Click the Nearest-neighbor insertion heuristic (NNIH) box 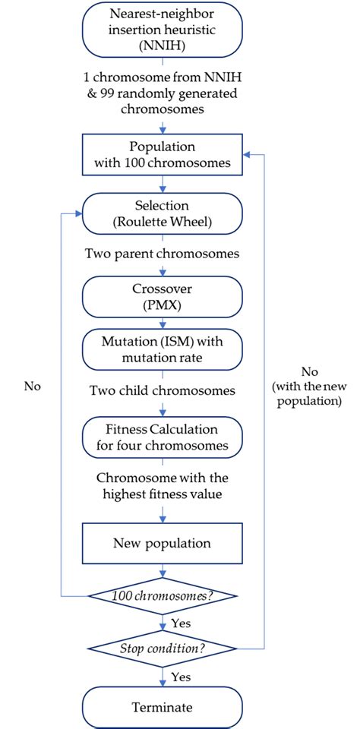pyautogui.click(x=163, y=29)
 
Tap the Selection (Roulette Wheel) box pyautogui.click(x=163, y=213)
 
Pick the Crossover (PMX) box pyautogui.click(x=163, y=292)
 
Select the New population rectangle pyautogui.click(x=163, y=543)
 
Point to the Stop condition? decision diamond pyautogui.click(x=163, y=649)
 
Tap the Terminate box pyautogui.click(x=163, y=707)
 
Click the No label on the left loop pyautogui.click(x=32, y=386)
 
